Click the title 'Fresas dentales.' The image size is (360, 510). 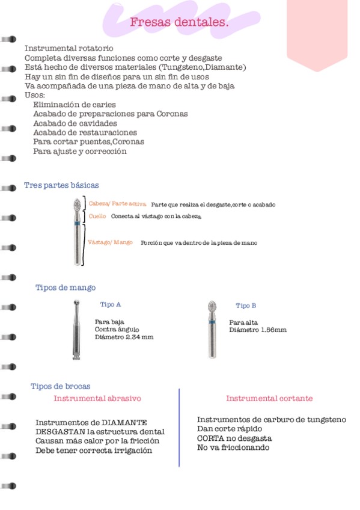179,23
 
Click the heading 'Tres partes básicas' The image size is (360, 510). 61,185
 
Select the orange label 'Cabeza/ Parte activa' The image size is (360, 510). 117,204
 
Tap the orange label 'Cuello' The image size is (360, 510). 97,215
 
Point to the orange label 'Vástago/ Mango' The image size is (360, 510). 110,242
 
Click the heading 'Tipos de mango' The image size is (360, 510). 66,287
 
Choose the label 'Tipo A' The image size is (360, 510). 111,304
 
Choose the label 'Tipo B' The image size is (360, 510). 246,306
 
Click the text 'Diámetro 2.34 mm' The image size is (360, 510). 124,337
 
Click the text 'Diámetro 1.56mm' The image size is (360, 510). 257,330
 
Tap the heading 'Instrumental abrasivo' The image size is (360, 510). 97,398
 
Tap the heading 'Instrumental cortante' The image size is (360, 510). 269,398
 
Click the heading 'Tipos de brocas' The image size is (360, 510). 60,386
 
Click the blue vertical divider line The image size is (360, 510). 179,427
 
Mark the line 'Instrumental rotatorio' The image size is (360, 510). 69,48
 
